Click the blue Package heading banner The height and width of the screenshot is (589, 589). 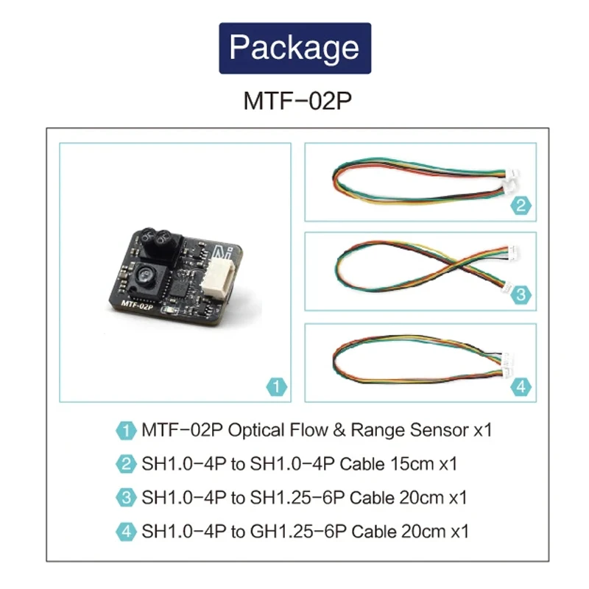point(294,48)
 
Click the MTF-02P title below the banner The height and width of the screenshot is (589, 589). point(294,101)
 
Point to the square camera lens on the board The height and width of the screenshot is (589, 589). point(146,278)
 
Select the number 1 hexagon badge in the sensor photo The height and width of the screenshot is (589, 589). point(274,386)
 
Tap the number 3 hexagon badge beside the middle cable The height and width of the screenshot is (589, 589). point(521,295)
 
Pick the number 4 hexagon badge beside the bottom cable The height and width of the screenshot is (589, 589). point(521,386)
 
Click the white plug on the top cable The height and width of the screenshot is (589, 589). point(509,180)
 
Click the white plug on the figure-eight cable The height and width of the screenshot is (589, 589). point(509,258)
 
